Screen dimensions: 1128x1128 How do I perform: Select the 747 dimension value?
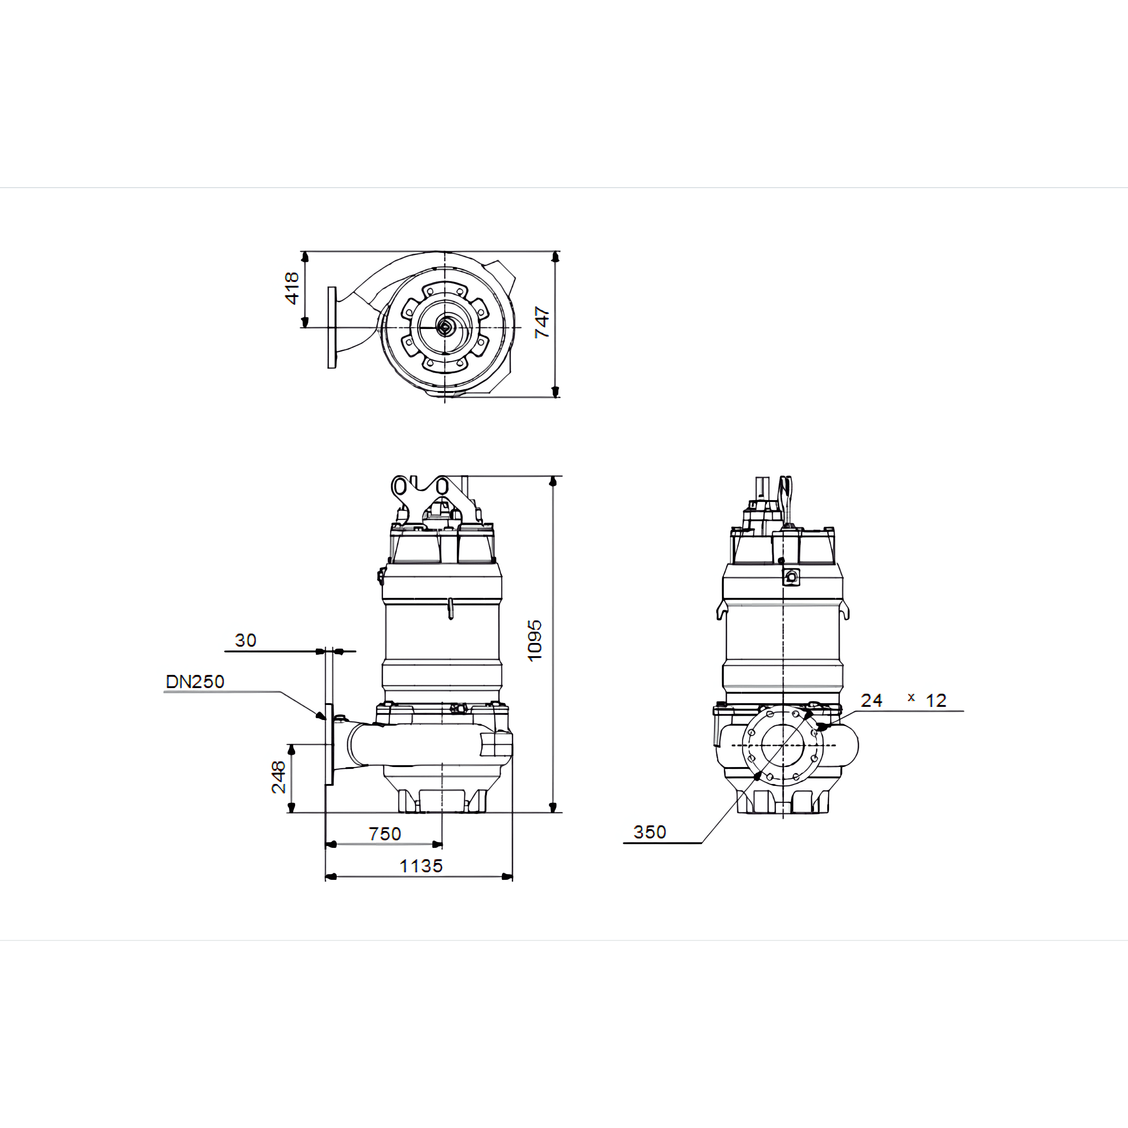click(x=542, y=322)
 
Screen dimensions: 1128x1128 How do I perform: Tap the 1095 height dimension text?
click(x=534, y=641)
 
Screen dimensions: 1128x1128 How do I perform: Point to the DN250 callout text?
click(x=195, y=681)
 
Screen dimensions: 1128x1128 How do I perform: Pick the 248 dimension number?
click(x=279, y=776)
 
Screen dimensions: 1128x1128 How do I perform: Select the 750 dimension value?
click(x=385, y=834)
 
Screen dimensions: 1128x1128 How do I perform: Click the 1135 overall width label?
click(x=421, y=866)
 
